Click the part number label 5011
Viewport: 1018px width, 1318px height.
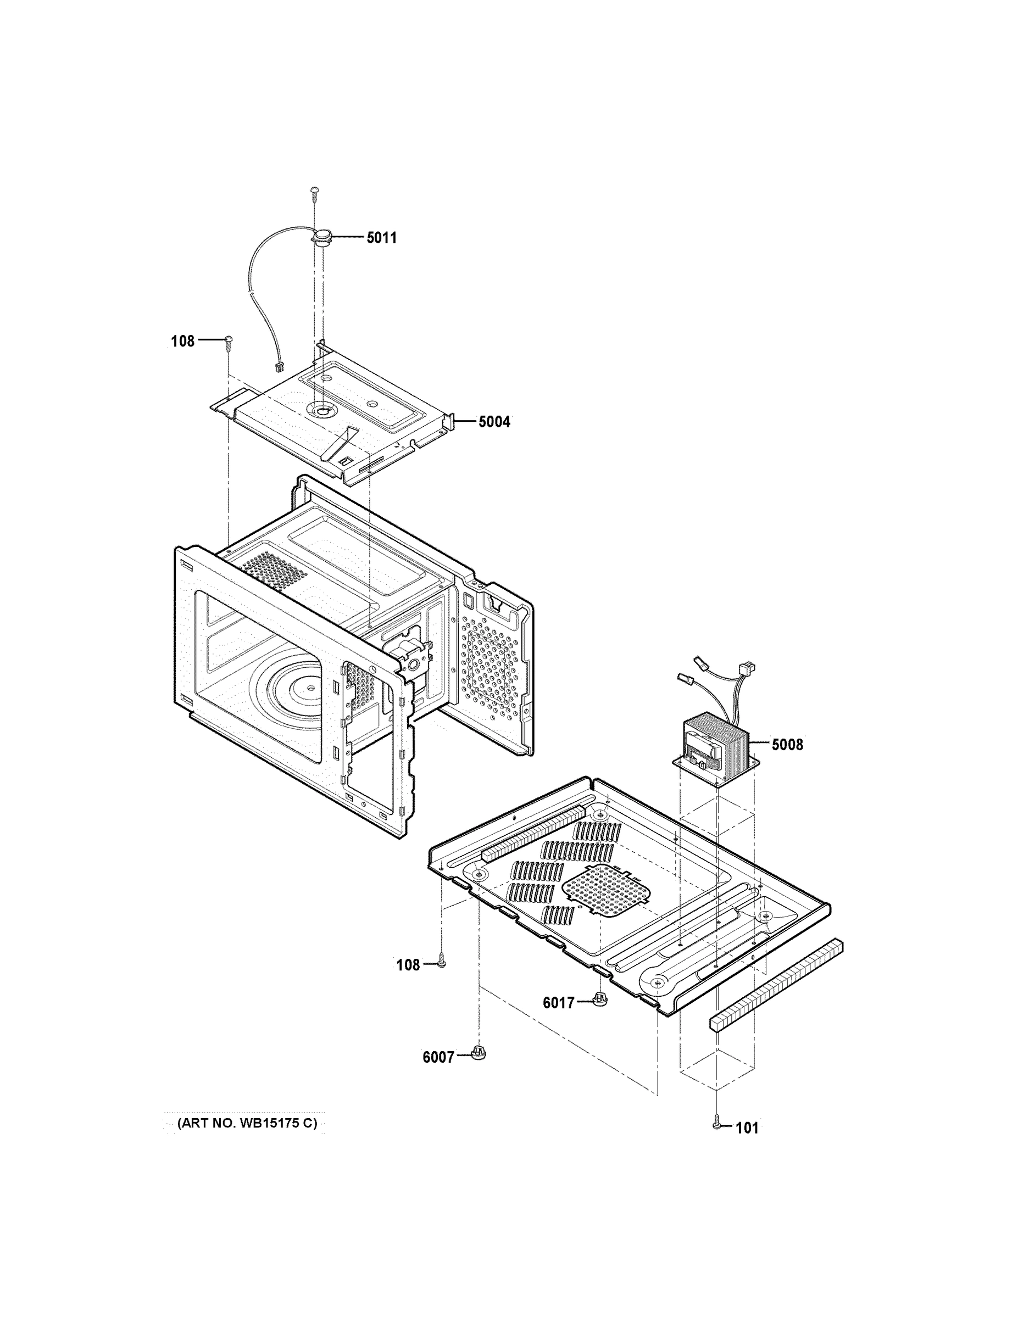[382, 238]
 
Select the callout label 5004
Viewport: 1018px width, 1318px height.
[494, 422]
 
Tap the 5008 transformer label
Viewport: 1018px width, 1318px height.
[787, 745]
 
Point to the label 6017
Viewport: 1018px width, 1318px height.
[559, 1003]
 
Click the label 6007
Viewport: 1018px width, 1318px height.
[438, 1057]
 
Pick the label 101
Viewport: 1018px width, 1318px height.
[747, 1128]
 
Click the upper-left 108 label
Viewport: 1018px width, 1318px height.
[183, 341]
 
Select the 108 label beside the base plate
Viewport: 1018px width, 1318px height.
[408, 965]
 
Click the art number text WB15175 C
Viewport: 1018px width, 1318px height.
[246, 1123]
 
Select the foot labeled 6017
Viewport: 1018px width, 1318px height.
[599, 999]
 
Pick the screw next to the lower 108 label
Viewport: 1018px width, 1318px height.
[441, 964]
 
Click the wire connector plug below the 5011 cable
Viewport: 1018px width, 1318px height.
[280, 366]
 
